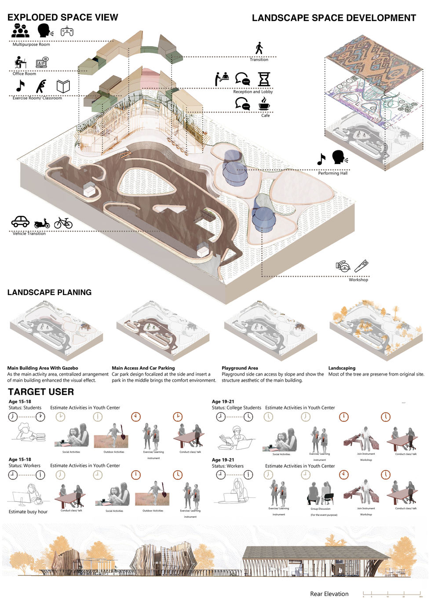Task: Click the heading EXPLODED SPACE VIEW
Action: (62, 18)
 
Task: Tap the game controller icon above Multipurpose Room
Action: (67, 32)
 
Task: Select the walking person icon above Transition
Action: (259, 48)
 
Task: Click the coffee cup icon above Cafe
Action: (264, 103)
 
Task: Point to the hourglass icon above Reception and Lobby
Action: (264, 79)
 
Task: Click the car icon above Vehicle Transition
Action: (20, 222)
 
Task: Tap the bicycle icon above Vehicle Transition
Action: (63, 223)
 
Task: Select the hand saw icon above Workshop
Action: (361, 266)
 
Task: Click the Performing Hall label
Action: (332, 173)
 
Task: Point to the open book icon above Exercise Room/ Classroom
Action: (63, 86)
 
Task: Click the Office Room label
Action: (24, 73)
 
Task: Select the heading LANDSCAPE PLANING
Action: (49, 292)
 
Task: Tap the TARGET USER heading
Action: (41, 392)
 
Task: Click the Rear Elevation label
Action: (329, 594)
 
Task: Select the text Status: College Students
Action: (236, 408)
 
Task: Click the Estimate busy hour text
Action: (28, 511)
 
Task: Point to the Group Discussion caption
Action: (320, 509)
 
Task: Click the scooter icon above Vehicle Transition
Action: (42, 223)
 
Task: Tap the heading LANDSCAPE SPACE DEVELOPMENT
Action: (334, 18)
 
